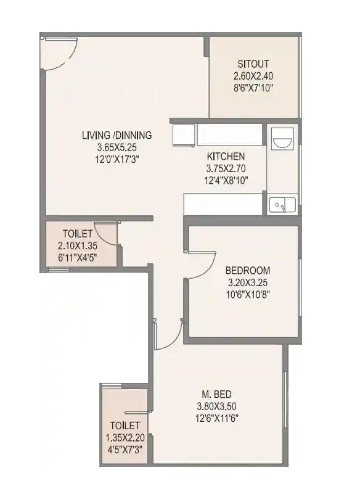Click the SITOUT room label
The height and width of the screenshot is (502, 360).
click(253, 64)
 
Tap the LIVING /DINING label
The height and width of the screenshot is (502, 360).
click(117, 136)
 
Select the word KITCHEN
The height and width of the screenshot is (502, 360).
click(226, 157)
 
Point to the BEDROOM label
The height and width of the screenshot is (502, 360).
click(247, 271)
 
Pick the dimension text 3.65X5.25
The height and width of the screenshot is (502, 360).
click(117, 147)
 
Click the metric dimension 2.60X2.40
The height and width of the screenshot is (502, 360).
click(253, 76)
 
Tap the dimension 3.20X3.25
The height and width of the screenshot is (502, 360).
click(247, 282)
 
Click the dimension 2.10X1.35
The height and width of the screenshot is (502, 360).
click(77, 245)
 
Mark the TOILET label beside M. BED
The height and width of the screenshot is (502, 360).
click(125, 426)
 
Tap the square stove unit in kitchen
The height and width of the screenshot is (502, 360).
click(184, 135)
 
